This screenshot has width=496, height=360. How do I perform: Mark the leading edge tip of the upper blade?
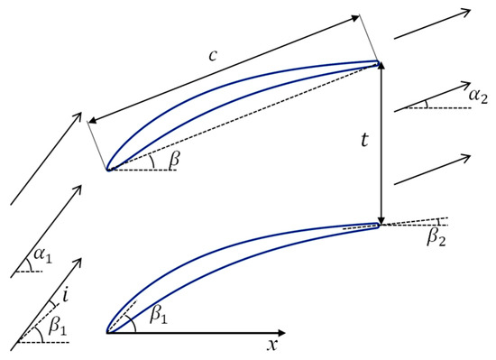[x=107, y=170]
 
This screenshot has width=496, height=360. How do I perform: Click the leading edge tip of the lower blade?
[x=107, y=333]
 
